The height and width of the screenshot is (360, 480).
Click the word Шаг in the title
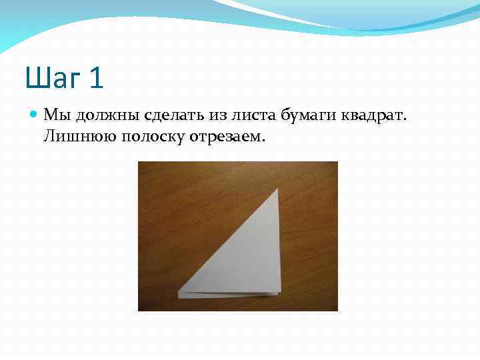point(55,77)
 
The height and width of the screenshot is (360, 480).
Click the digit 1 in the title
point(96,77)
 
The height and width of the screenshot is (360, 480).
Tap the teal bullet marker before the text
point(35,115)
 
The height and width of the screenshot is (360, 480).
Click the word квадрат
point(375,117)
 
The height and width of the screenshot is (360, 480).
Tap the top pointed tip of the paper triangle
point(277,189)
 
